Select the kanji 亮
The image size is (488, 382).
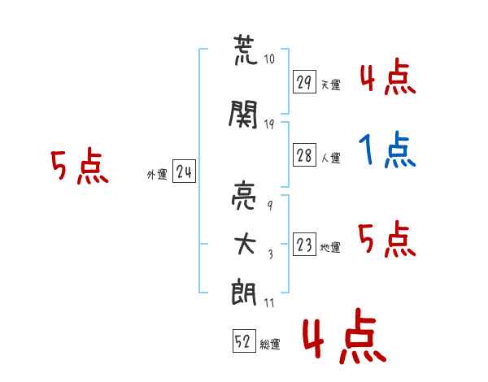[x=245, y=198]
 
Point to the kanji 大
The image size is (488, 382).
[x=245, y=244]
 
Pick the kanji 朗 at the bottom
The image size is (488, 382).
[x=245, y=292]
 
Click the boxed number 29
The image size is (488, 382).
[x=304, y=82]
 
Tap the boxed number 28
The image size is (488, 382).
[x=304, y=156]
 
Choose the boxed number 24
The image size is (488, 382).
[x=184, y=171]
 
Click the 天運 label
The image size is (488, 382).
[x=330, y=85]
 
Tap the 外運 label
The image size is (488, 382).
[x=156, y=174]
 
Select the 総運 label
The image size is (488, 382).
[x=270, y=345]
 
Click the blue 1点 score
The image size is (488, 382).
[x=387, y=150]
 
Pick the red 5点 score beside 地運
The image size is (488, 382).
[x=387, y=239]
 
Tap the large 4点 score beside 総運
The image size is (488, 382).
[x=342, y=339]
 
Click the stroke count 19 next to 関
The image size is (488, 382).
[x=269, y=124]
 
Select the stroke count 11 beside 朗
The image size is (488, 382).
[x=269, y=302]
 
